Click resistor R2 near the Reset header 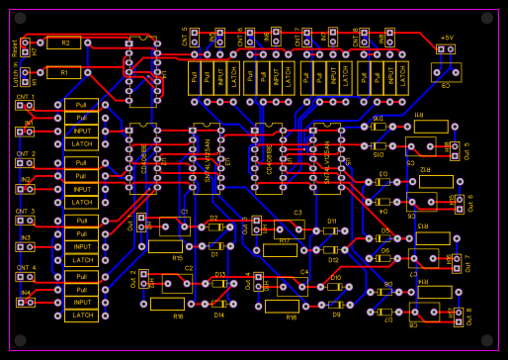(64, 44)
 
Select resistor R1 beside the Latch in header (64, 72)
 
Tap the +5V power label (447, 37)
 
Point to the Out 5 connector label (466, 150)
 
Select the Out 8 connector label (467, 315)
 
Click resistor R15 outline (165, 246)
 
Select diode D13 (219, 283)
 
